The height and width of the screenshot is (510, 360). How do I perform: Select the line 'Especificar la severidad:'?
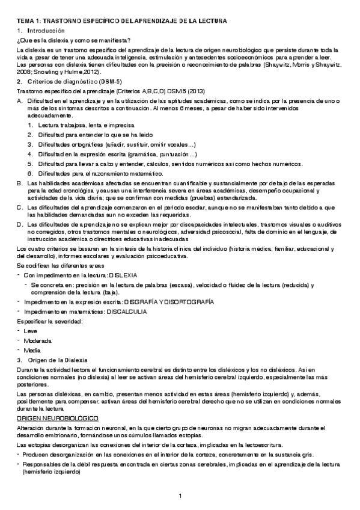(49, 321)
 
